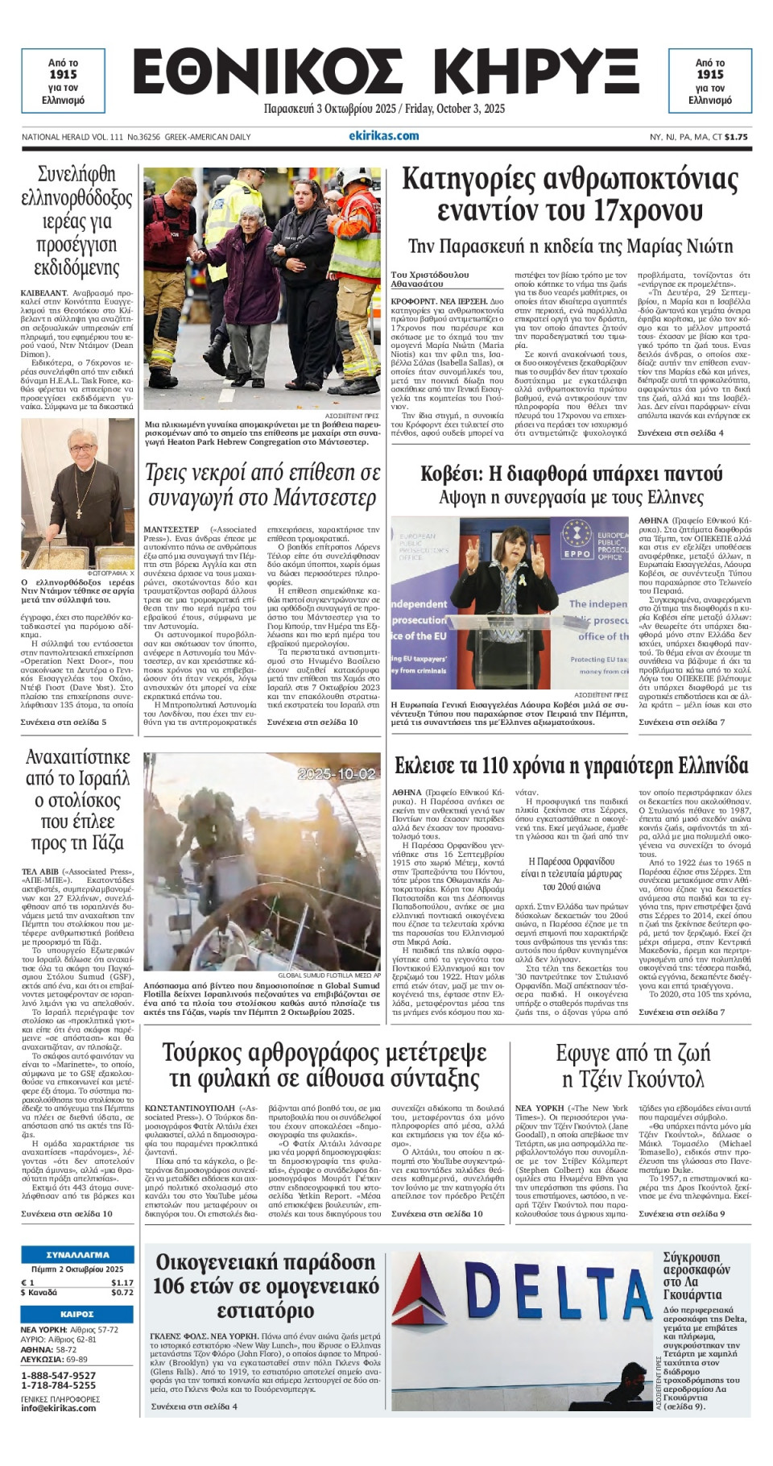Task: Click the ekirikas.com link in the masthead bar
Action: point(383,136)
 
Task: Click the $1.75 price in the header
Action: point(736,137)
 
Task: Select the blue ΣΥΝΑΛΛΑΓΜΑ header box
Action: point(77,1254)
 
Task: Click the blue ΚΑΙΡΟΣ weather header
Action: point(77,1314)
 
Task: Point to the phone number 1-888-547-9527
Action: point(58,1375)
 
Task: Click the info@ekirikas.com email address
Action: point(58,1408)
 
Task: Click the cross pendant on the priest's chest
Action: point(79,507)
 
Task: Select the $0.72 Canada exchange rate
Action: point(122,1292)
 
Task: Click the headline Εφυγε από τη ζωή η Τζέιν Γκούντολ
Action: point(633,1065)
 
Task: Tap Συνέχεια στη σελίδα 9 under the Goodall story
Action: point(681,1214)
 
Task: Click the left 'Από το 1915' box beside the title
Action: point(63,81)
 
